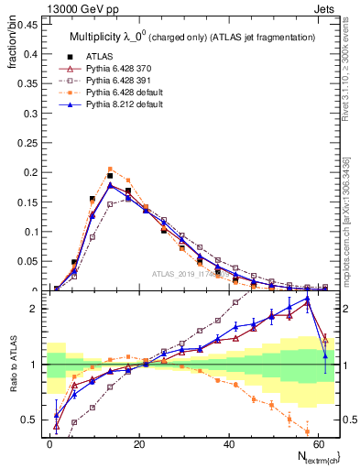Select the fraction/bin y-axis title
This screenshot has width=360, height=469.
(x=10, y=47)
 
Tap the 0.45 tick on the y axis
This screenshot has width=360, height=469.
(x=27, y=26)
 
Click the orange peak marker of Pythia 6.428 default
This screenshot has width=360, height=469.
(x=111, y=169)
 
